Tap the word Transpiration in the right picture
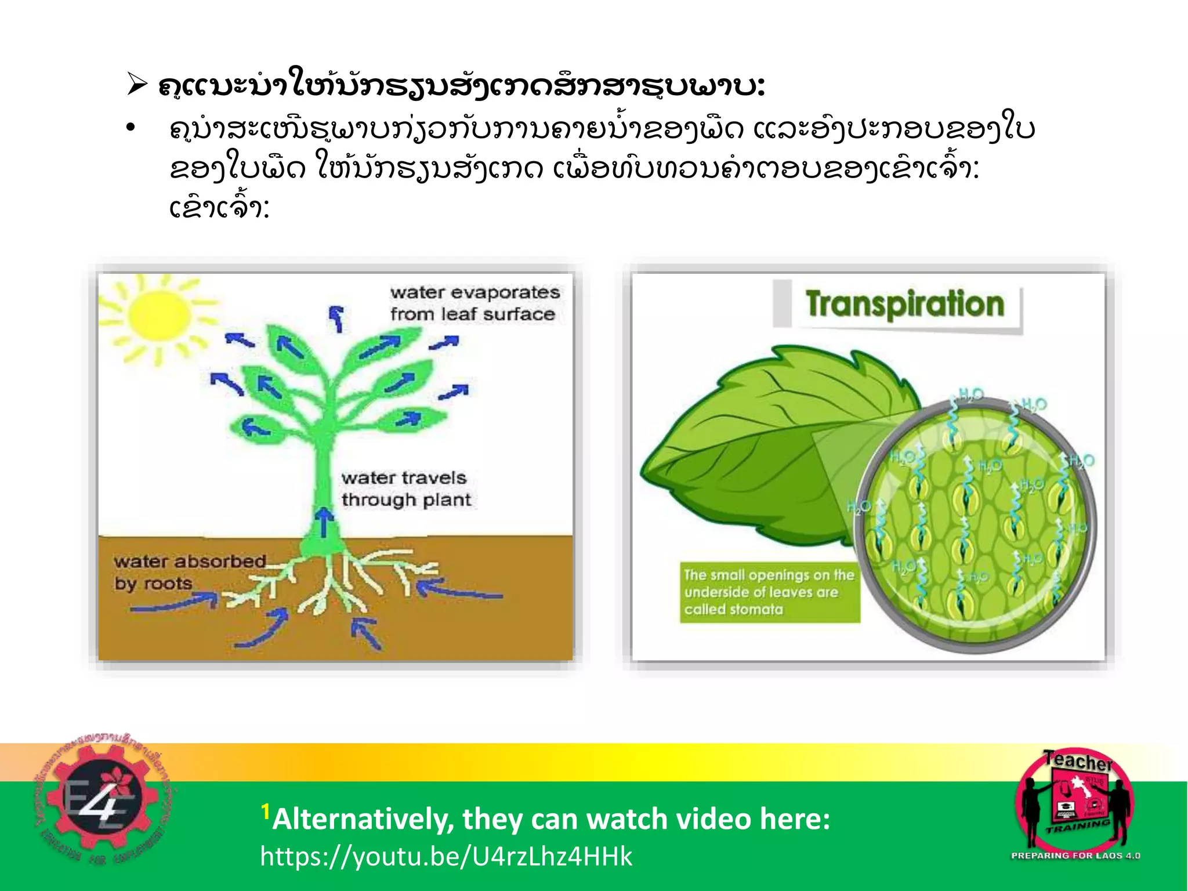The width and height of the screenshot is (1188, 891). pos(904,305)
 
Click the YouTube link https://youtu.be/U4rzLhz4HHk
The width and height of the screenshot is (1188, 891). pos(445,856)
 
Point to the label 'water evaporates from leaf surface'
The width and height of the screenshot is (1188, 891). pos(475,303)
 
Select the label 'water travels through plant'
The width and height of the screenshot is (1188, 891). pos(405,489)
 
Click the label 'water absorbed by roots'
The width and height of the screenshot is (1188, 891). pos(189,572)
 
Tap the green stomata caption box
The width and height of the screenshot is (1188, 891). pos(769,592)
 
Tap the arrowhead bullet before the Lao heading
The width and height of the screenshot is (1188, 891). pos(137,86)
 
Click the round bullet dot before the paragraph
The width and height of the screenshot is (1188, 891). pos(131,128)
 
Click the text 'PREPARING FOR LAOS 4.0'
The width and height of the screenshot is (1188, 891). pos(1075,856)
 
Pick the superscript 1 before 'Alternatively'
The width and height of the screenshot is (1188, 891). pos(265,811)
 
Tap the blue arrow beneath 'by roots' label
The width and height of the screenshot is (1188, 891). pos(174,604)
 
